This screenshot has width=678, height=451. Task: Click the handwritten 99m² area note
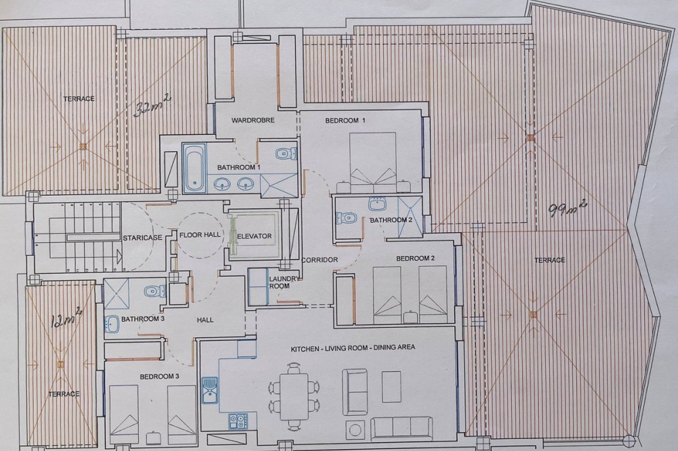(567, 208)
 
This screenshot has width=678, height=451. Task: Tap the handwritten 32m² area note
(152, 106)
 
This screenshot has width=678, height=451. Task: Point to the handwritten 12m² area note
(66, 318)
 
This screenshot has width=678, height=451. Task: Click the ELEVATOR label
(254, 236)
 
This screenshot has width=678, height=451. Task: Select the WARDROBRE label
(253, 120)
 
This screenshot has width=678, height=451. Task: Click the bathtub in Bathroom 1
(193, 168)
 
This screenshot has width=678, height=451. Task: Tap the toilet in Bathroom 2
(346, 217)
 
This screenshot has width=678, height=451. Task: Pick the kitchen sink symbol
(210, 390)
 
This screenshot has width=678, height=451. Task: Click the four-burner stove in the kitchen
(238, 421)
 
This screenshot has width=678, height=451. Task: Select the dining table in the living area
(294, 397)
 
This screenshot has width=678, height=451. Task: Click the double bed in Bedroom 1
(373, 163)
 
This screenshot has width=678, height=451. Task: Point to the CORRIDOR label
(319, 259)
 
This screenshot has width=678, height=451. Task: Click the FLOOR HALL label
(200, 234)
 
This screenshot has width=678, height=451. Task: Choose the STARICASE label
(142, 238)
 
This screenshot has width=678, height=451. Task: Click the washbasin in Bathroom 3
(112, 324)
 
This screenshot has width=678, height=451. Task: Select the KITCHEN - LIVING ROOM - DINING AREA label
(353, 348)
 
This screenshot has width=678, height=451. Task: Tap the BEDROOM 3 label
(159, 377)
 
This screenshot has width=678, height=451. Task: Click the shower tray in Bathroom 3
(116, 293)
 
